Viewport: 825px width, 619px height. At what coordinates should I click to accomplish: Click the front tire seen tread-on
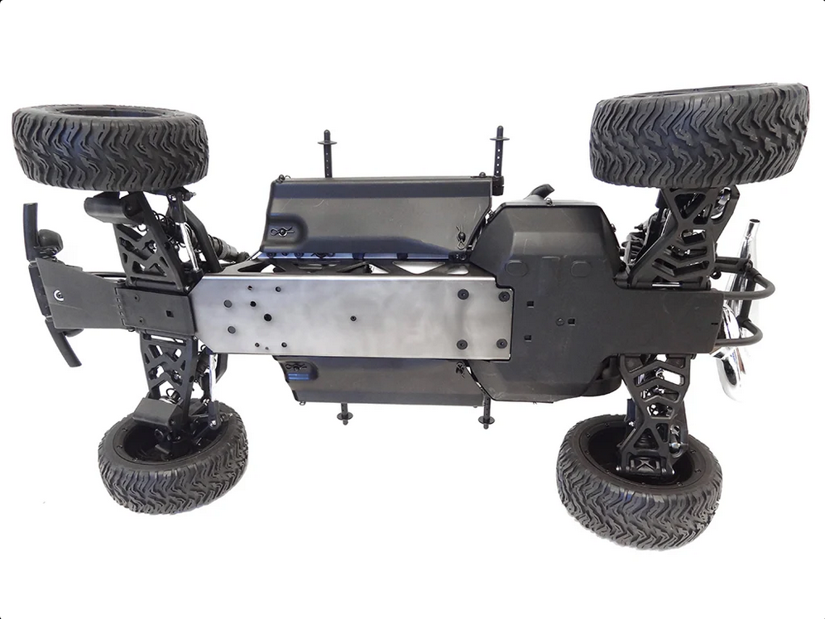tap(110, 146)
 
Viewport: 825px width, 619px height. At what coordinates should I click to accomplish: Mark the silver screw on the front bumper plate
tap(58, 295)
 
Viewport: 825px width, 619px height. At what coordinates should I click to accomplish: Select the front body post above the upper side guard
tap(327, 152)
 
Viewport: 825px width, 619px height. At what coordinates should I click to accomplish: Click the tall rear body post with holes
tap(499, 157)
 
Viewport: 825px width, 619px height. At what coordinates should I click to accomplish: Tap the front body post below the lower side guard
tap(344, 412)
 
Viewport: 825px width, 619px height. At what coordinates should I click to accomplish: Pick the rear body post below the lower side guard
tap(486, 412)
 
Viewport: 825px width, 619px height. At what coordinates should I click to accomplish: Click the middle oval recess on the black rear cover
tap(547, 268)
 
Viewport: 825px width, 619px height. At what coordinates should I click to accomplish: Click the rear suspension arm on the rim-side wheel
tap(654, 405)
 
